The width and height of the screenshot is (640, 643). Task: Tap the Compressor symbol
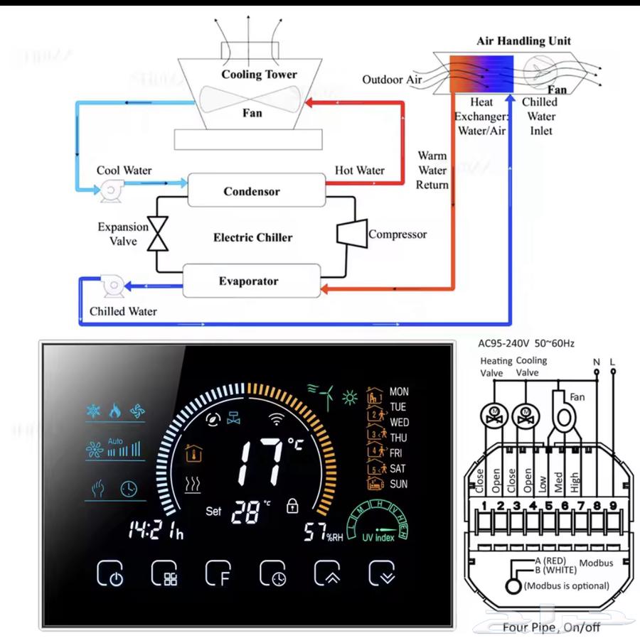coord(351,234)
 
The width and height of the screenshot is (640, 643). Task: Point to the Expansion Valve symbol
coord(157,234)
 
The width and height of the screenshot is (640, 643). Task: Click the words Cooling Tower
coord(259,75)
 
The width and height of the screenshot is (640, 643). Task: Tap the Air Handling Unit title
coord(525,40)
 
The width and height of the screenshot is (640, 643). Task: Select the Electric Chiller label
coord(252,237)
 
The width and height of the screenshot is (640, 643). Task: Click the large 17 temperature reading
coord(260,460)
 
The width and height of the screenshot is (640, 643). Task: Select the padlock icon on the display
coord(292,506)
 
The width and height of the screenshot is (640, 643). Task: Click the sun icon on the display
coord(349,397)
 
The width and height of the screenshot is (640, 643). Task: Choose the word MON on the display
coord(399,391)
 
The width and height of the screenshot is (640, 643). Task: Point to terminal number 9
coord(612,506)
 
